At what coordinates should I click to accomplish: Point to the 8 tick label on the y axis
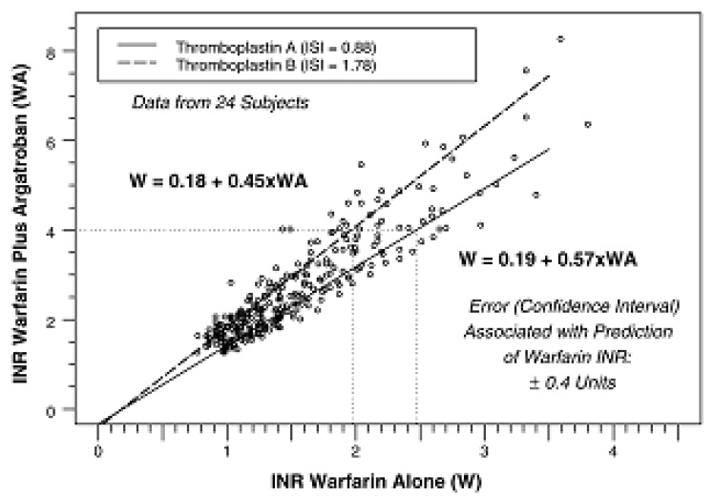click(68, 51)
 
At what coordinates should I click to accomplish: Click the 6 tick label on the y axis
click(68, 140)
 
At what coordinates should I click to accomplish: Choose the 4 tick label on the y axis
click(68, 230)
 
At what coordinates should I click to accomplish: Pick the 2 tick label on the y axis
click(68, 320)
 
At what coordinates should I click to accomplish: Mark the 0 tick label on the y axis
click(68, 409)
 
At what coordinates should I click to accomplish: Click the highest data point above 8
click(560, 39)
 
